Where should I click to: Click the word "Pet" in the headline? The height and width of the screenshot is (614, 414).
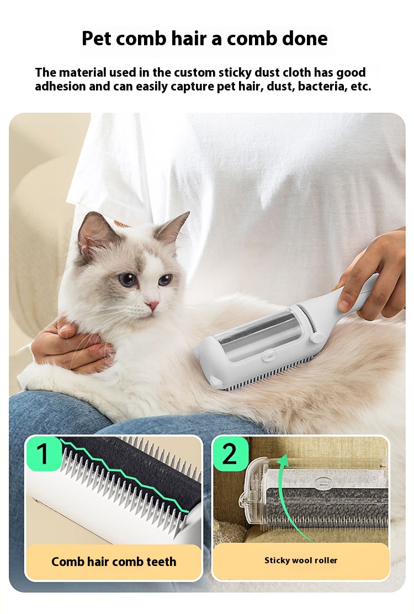pos(97,39)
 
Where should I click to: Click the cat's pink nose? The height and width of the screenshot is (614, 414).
pos(152,305)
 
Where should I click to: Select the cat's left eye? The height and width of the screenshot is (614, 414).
pos(128,279)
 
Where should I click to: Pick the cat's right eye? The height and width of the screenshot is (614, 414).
pos(165,279)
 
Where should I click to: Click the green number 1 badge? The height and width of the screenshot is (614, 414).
pos(44,453)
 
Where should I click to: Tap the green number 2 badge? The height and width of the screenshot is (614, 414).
pos(230,453)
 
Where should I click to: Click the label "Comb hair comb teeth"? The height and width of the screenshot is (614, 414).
pos(114,562)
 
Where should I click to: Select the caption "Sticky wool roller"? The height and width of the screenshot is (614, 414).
pos(301,560)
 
